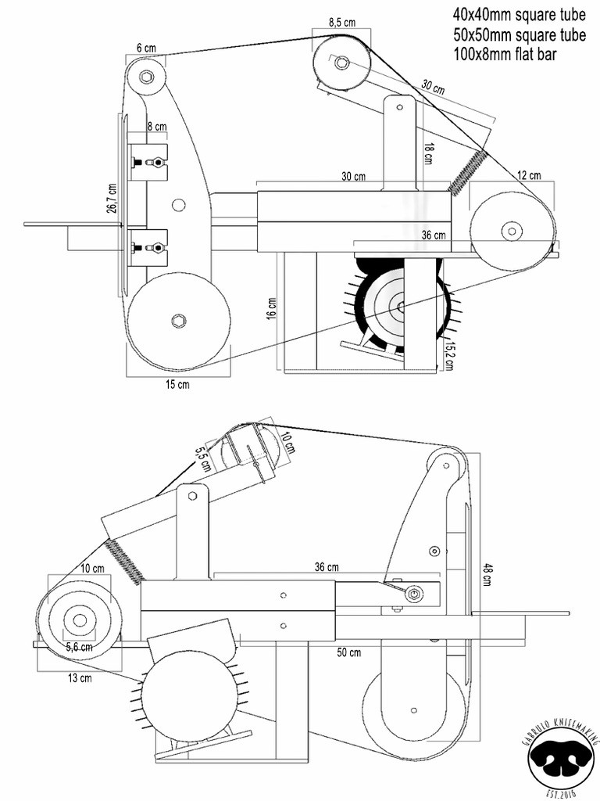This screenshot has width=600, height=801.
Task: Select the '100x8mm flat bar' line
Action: point(505,55)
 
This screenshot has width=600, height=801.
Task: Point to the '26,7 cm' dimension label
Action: point(112,198)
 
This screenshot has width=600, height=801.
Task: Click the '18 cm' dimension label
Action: point(428,153)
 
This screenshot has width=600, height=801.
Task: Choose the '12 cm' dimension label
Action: point(529,175)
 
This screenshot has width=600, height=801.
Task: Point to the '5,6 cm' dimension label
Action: point(79,647)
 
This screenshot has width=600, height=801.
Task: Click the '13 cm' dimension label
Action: point(80,678)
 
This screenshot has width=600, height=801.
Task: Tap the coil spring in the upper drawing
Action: point(466,172)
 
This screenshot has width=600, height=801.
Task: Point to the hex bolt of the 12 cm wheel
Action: point(512,230)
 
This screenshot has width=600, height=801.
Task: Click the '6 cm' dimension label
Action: point(145,48)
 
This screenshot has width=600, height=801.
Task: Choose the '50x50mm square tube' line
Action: point(519,34)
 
